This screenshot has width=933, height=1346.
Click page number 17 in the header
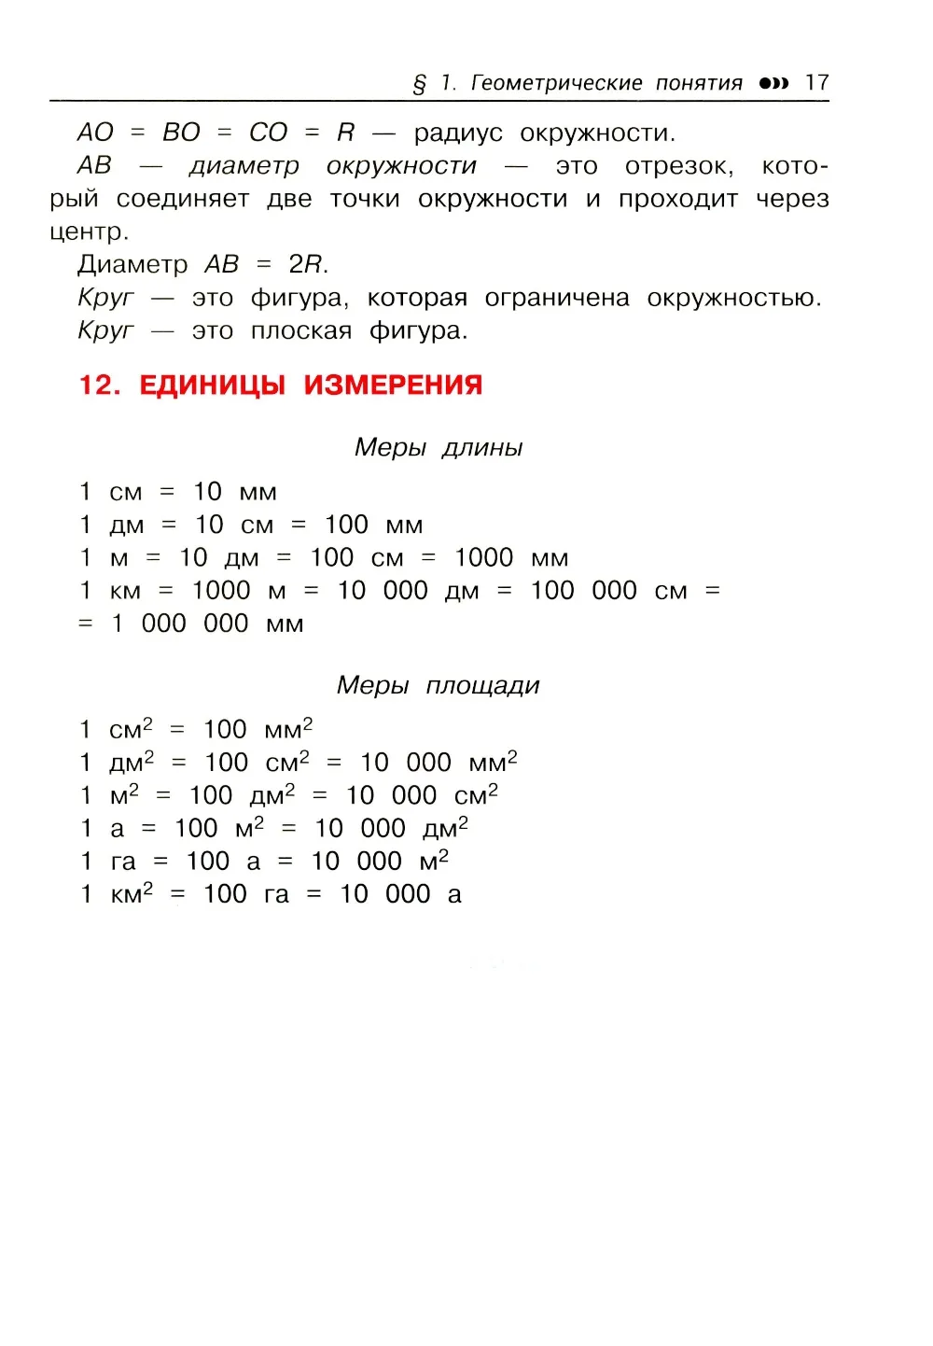point(816,82)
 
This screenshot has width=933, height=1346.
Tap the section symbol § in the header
point(420,84)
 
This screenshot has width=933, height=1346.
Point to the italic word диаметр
point(244,166)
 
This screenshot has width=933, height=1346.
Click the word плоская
point(301,331)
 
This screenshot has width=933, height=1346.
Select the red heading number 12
point(97,386)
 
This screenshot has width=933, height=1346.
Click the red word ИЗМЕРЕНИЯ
point(393,386)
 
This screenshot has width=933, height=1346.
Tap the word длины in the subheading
point(482,448)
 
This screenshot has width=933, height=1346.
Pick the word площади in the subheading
point(482,686)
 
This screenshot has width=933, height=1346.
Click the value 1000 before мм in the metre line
point(483,558)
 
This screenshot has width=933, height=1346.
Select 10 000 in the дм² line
point(406,763)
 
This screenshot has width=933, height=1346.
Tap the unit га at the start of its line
point(123,862)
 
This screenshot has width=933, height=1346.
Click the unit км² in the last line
point(131,893)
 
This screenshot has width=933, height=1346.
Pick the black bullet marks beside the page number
point(773,83)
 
